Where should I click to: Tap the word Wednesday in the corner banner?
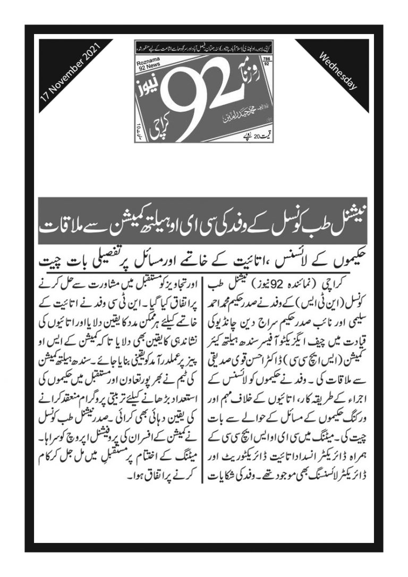(337, 72)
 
